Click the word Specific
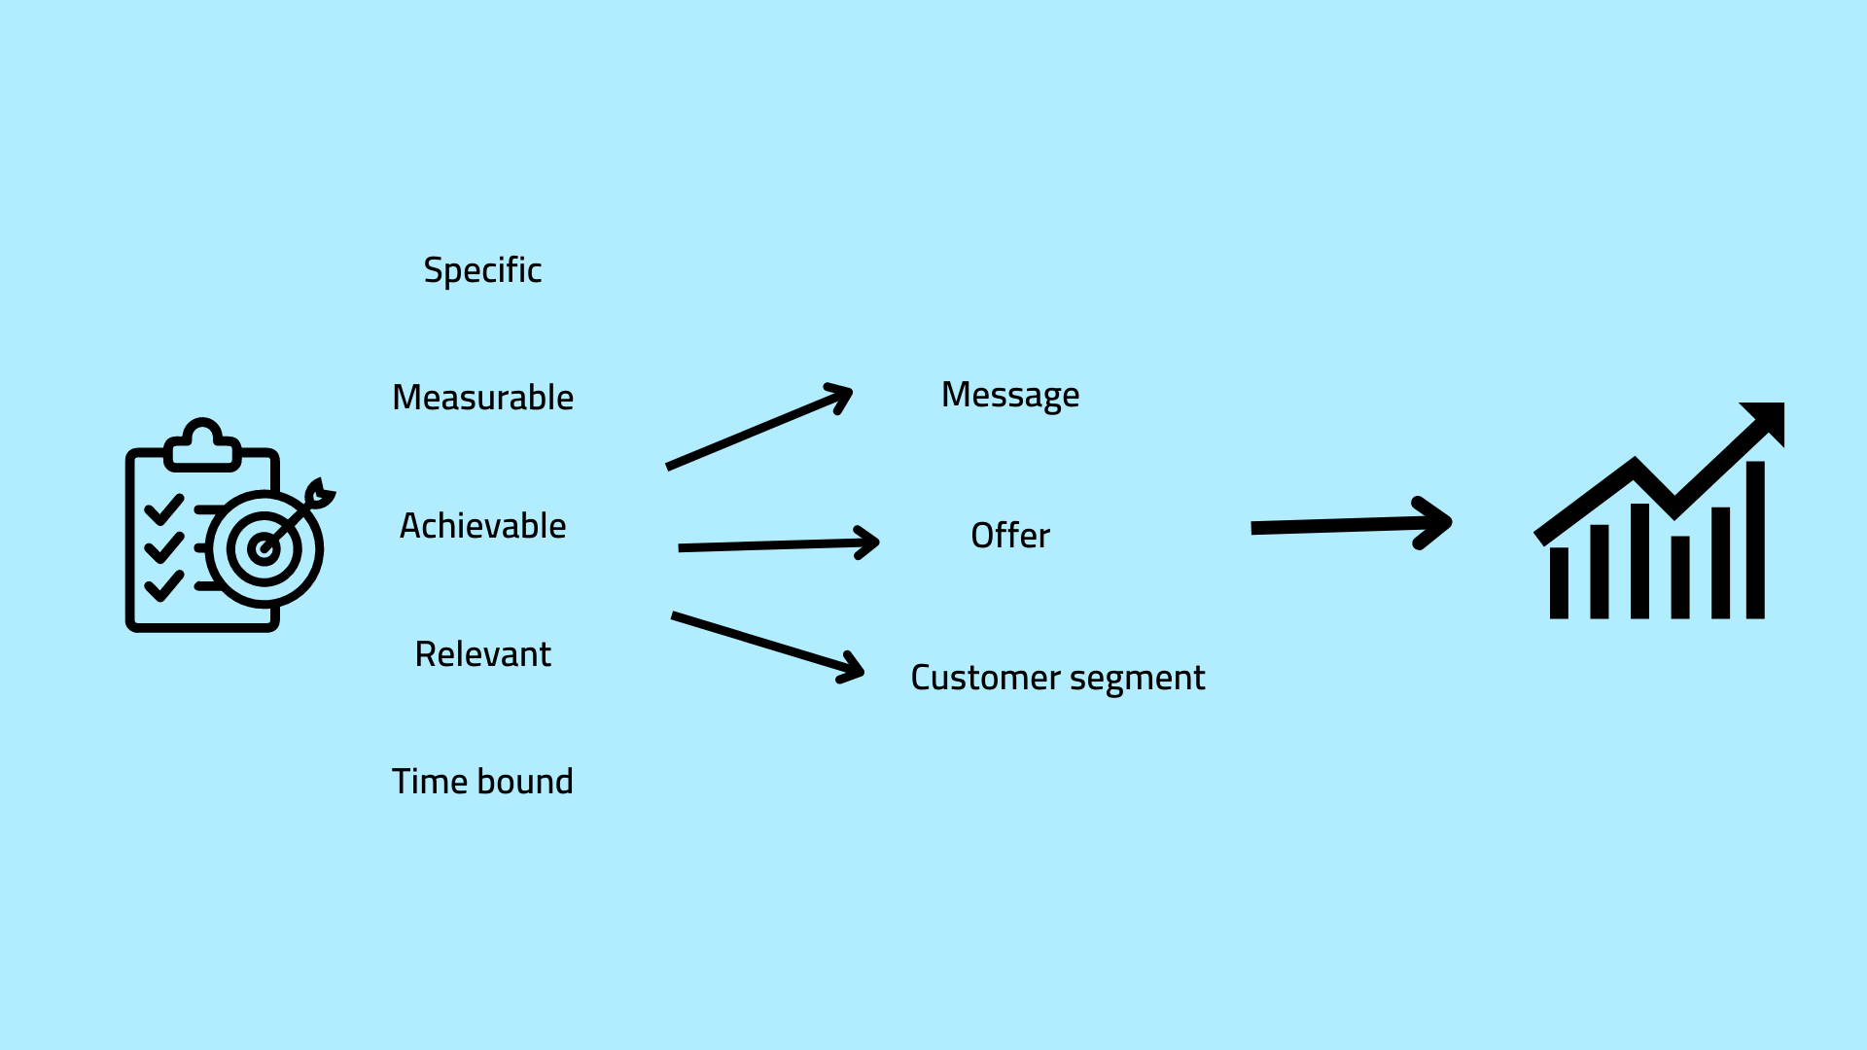[x=482, y=270]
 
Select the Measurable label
[x=482, y=398]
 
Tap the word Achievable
[x=482, y=526]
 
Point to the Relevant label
[x=482, y=654]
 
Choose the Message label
[x=1010, y=395]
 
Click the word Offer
[x=1010, y=536]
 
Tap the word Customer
[x=985, y=678]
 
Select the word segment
[x=1137, y=679]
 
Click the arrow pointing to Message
[x=758, y=428]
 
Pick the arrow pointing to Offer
[x=778, y=544]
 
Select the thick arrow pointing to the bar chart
[x=1351, y=525]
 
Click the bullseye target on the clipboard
[x=264, y=548]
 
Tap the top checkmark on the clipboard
[x=163, y=508]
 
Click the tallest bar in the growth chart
[x=1755, y=540]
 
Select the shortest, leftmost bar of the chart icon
[x=1559, y=582]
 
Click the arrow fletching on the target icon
[x=319, y=493]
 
